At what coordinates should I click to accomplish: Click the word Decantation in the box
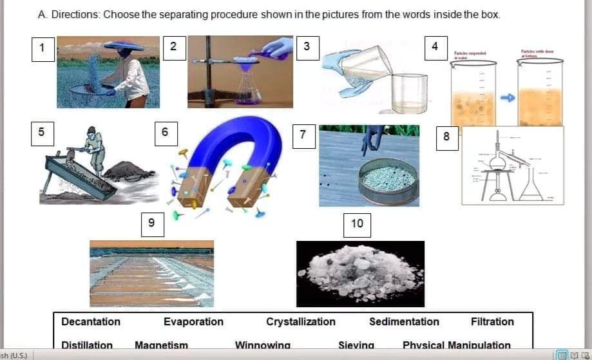[91, 321]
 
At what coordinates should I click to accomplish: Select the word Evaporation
[193, 321]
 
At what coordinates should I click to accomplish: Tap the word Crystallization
[301, 321]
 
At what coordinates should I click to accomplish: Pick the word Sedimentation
[404, 321]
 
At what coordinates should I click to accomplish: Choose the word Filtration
[492, 321]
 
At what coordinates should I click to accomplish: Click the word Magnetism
[161, 345]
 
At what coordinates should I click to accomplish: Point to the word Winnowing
[262, 345]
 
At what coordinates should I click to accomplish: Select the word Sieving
[356, 345]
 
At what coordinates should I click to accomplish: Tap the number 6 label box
[165, 132]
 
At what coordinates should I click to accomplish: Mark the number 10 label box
[357, 223]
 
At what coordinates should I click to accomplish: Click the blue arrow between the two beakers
[508, 97]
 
